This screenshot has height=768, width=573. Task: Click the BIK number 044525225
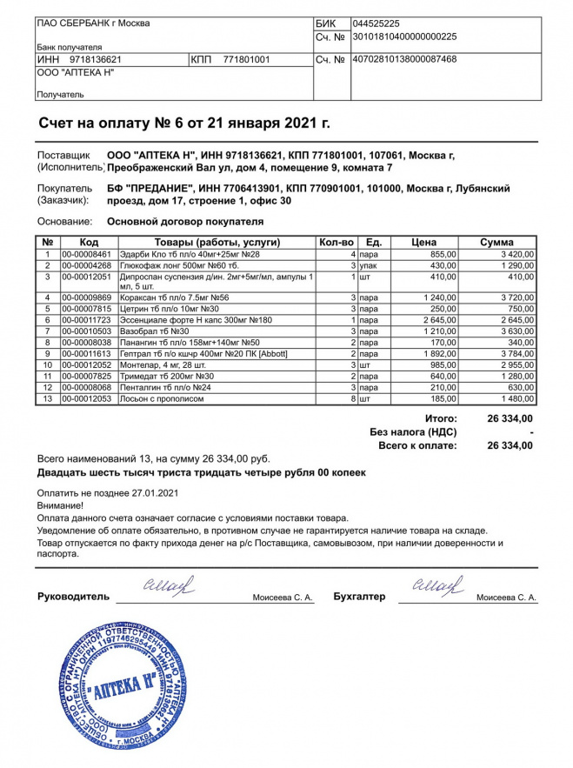(x=376, y=23)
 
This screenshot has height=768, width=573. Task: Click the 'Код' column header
(x=89, y=242)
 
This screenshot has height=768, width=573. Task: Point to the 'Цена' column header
(x=423, y=242)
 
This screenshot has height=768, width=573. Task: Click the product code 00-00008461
(x=87, y=254)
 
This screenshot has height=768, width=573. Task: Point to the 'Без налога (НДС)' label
(x=413, y=431)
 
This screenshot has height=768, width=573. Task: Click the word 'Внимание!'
(x=61, y=505)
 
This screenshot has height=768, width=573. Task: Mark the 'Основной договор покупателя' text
(x=185, y=222)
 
